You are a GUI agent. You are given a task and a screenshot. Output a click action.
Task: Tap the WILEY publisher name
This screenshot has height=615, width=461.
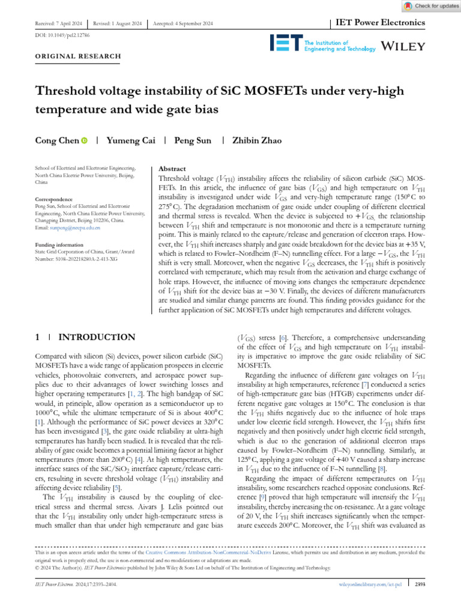403,46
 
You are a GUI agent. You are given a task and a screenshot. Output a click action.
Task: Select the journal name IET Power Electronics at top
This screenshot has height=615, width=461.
379,23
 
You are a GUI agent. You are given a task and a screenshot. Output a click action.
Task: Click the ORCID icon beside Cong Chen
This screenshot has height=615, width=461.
84,141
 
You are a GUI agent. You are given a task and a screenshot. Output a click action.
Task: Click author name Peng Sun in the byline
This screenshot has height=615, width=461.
193,141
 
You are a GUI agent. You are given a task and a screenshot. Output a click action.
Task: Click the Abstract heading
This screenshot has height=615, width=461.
171,169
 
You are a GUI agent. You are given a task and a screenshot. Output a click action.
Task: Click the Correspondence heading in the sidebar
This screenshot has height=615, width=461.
54,199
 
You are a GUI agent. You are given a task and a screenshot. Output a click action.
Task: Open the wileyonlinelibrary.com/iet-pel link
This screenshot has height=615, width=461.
367,583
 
